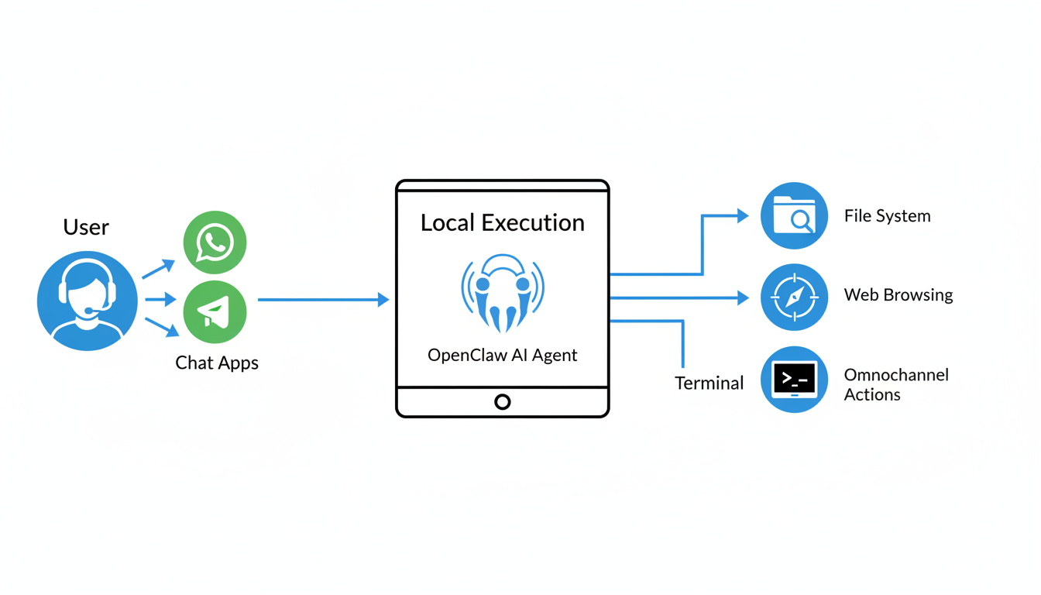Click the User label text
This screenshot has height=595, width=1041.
click(86, 227)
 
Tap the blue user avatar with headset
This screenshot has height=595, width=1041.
click(87, 301)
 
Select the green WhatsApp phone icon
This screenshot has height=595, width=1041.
click(215, 242)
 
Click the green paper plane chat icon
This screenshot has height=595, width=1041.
click(215, 312)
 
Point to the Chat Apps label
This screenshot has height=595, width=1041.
click(217, 363)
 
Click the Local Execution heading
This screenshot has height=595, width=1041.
click(502, 223)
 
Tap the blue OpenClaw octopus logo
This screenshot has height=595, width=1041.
click(503, 293)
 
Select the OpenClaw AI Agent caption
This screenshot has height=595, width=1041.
click(502, 356)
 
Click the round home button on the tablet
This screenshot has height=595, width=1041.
click(503, 402)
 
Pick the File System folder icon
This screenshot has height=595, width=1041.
click(794, 215)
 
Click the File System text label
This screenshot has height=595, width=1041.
click(887, 216)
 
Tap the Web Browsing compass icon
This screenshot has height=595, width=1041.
click(794, 297)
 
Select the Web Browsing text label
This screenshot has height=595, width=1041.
click(898, 295)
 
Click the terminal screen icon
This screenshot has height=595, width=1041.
click(794, 380)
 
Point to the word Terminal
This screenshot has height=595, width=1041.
click(709, 383)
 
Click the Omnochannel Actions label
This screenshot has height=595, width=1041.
click(895, 384)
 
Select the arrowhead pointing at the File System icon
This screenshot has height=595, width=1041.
click(743, 215)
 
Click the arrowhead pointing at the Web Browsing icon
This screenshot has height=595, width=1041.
click(743, 297)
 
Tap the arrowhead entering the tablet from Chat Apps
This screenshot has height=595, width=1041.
click(383, 299)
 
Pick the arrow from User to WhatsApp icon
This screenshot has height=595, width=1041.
click(159, 269)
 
